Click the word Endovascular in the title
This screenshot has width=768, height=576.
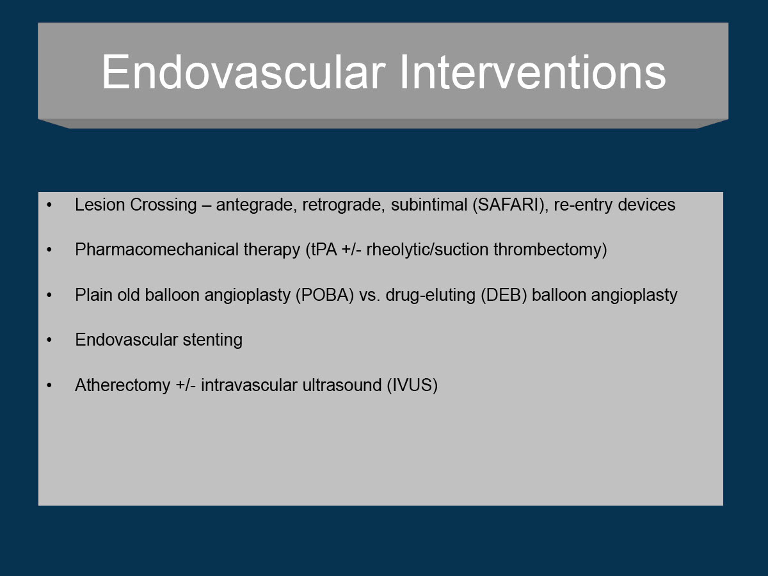click(244, 72)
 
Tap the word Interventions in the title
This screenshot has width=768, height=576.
click(532, 72)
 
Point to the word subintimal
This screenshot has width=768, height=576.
click(429, 205)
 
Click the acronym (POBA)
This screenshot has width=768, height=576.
click(324, 295)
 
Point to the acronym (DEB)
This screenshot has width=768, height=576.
click(504, 295)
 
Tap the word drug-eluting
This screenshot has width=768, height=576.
click(430, 295)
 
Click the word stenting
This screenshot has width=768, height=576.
click(212, 340)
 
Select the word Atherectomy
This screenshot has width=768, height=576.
click(122, 385)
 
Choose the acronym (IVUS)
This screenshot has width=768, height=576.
click(412, 385)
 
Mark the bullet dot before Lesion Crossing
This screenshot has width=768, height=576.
click(49, 205)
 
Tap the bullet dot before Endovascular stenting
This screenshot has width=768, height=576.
click(49, 340)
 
